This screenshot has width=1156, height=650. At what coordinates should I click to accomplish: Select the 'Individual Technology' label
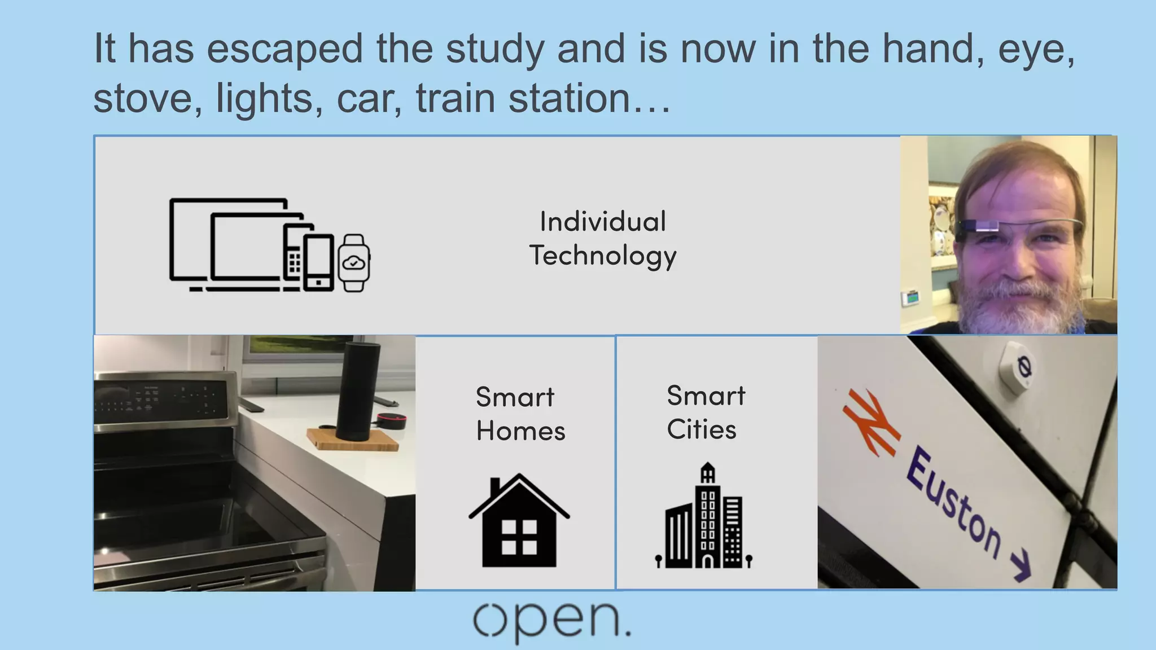tap(603, 238)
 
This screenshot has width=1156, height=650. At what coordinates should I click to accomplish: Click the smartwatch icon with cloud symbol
tap(354, 262)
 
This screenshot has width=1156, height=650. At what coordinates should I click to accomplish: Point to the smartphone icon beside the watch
tap(319, 263)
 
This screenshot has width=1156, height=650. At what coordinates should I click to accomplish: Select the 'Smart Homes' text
tap(519, 414)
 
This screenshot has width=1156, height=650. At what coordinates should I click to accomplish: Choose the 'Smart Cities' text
tap(706, 412)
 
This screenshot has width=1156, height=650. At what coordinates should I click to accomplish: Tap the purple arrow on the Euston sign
tap(1021, 566)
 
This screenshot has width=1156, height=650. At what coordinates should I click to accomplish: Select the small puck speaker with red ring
tap(391, 421)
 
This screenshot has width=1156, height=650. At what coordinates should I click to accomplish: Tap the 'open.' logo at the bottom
tap(551, 621)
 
